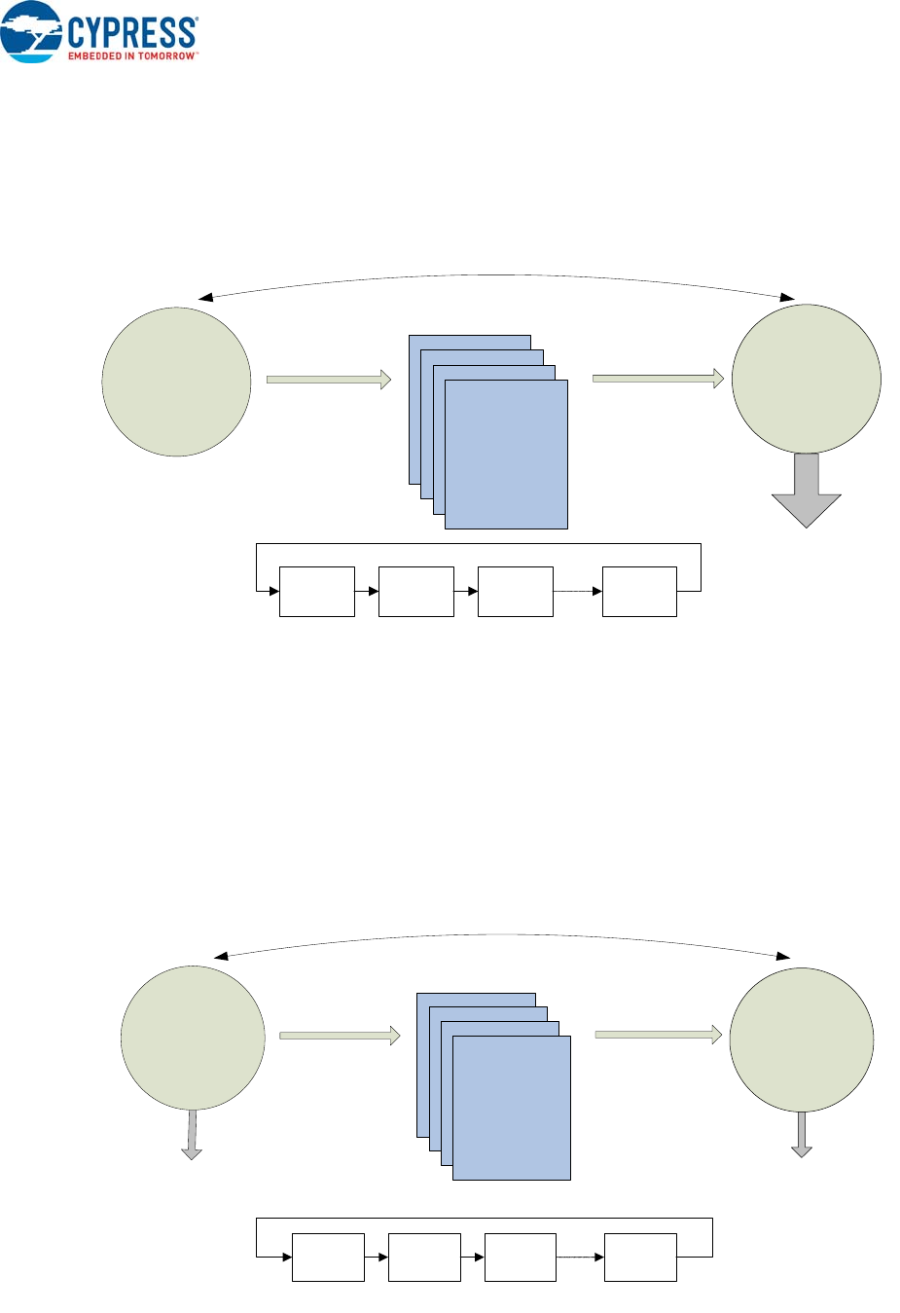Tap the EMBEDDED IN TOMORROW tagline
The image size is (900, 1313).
point(131,56)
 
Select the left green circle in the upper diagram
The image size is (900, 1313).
point(176,382)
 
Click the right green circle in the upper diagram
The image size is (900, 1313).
point(806,379)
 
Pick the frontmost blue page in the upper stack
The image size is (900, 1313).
point(506,455)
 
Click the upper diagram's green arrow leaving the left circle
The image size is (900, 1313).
point(328,380)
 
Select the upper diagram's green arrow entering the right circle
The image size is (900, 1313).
point(658,379)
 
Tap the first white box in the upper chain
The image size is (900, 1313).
point(317,591)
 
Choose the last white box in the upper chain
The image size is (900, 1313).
point(639,591)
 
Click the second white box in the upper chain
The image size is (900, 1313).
point(415,591)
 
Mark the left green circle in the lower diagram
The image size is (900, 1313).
point(193,1038)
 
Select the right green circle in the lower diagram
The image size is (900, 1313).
point(801,1039)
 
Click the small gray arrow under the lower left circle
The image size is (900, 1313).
point(192,1136)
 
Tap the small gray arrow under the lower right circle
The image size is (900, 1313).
point(801,1136)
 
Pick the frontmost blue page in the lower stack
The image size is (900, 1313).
point(512,1108)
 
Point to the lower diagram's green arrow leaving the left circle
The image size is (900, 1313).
point(340,1036)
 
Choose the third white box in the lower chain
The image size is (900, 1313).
point(520,1257)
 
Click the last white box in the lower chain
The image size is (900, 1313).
point(640,1257)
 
